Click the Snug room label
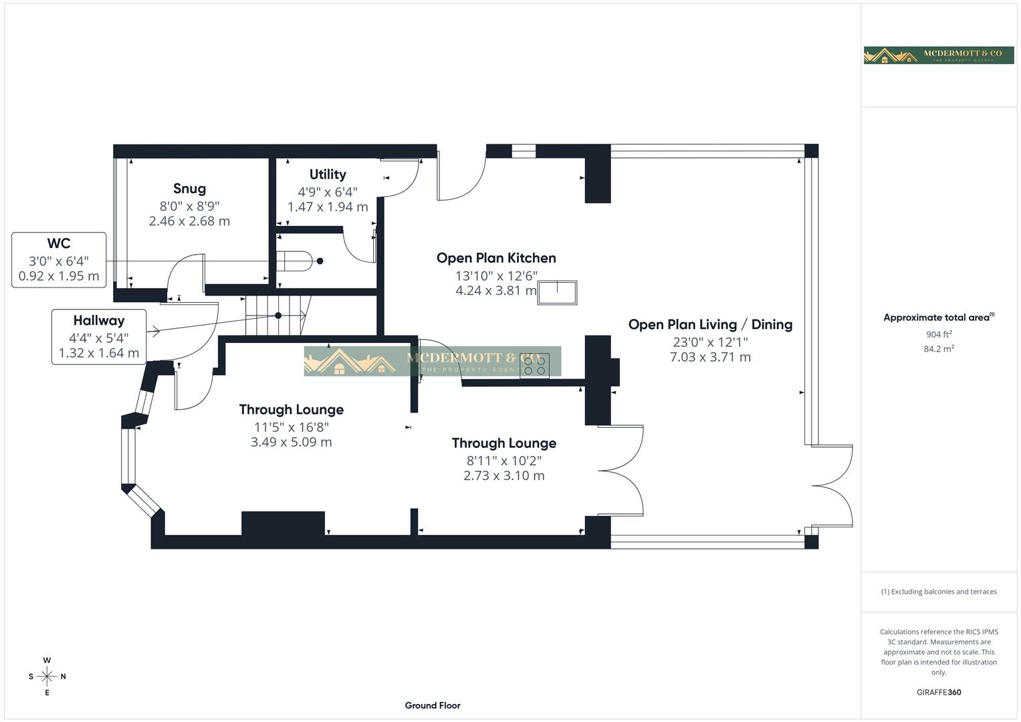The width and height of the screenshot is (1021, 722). point(189,189)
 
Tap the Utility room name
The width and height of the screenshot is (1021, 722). point(328,174)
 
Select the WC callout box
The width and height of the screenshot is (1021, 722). point(59,260)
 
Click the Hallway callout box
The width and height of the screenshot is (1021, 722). point(98,336)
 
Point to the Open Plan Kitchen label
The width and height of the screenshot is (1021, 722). point(496,258)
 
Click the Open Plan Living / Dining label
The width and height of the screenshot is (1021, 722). point(710,325)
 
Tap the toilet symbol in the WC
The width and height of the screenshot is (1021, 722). point(295,261)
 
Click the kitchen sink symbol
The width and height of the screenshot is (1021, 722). point(557,293)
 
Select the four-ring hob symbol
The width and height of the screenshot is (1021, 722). point(534,366)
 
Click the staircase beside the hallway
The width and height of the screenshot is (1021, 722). point(277,316)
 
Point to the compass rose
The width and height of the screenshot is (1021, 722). point(47,677)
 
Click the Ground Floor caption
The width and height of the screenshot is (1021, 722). point(433,705)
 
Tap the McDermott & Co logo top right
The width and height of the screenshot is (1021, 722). point(939,55)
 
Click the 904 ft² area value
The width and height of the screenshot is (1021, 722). point(939,334)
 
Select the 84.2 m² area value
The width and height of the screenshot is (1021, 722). point(939,349)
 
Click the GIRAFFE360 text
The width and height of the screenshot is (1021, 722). point(939,693)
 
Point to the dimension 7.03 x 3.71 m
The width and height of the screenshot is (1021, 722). point(710,358)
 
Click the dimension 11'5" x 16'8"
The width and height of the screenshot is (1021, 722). point(292,427)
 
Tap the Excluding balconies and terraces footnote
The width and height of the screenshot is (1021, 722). point(939,592)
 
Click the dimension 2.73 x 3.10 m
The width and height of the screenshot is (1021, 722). point(504,476)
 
